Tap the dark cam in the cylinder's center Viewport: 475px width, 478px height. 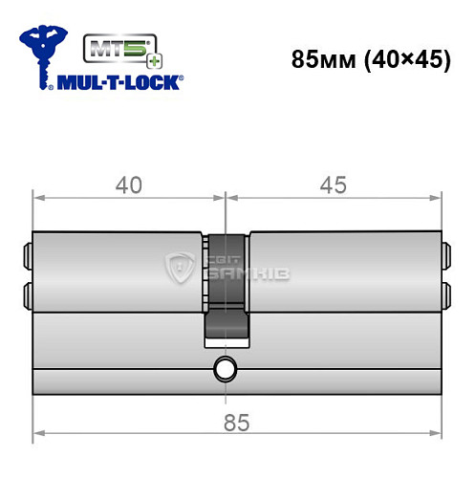225,287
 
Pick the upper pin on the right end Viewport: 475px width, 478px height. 445,256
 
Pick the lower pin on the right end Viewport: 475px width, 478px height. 445,291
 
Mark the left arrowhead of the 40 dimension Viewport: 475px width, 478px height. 39,199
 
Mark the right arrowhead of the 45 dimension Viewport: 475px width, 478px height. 437,199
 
